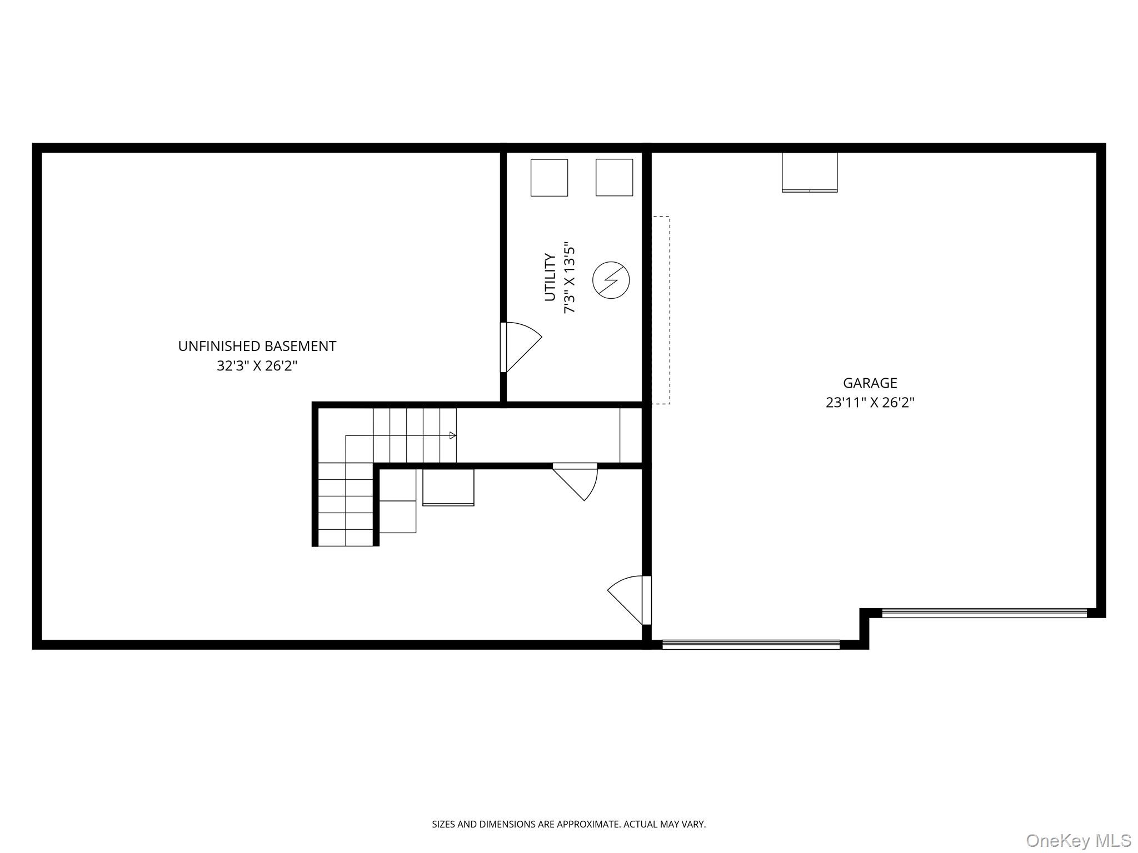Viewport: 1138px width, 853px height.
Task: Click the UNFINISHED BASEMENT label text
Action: coord(257,346)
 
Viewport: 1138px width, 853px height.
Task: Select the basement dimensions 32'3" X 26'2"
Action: coord(257,366)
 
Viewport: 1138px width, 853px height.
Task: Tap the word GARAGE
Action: coord(870,383)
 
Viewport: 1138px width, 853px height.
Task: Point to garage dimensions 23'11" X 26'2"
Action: coord(870,403)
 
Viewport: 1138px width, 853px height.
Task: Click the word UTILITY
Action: coord(550,277)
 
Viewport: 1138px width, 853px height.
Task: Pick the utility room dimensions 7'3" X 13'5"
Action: coord(570,277)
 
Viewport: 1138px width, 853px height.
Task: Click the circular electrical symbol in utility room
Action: coord(611,280)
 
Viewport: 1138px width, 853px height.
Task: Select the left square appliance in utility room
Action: coord(549,178)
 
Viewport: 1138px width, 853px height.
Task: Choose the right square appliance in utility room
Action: coord(614,178)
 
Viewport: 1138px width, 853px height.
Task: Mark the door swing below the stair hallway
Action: coord(578,482)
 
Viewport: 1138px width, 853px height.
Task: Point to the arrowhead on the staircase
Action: coord(453,435)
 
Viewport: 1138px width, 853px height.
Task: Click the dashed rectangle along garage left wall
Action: coord(661,310)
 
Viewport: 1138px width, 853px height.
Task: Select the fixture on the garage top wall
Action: coord(809,173)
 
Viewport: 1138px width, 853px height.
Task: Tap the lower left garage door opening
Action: coord(751,644)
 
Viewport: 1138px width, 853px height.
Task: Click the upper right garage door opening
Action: coord(984,613)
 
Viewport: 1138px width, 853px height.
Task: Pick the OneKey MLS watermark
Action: coord(1078,840)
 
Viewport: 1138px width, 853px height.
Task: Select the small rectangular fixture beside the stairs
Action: coord(448,488)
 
